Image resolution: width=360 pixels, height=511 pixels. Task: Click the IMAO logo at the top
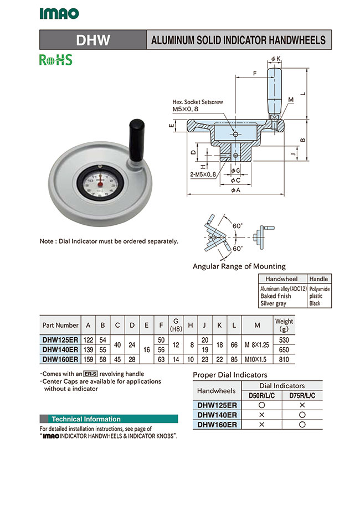59,14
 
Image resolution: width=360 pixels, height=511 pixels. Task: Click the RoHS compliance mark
55,60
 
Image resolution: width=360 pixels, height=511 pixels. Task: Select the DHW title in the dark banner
92,40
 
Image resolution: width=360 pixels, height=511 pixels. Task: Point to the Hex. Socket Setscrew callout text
198,102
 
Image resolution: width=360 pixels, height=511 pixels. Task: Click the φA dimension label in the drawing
235,189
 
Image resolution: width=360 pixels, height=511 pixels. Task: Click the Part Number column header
60,325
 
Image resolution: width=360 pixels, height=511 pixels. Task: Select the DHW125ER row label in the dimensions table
60,339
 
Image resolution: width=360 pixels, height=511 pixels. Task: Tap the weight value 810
284,359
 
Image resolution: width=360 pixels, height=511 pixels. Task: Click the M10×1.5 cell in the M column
256,359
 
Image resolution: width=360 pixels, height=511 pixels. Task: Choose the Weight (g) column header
284,325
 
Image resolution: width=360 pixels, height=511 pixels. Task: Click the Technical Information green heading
86,419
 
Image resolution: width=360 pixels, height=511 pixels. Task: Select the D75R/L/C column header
302,395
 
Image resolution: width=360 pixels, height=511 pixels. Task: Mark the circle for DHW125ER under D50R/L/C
263,405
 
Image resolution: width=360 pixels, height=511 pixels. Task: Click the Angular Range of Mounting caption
239,266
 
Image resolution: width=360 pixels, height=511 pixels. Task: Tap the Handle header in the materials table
318,279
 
